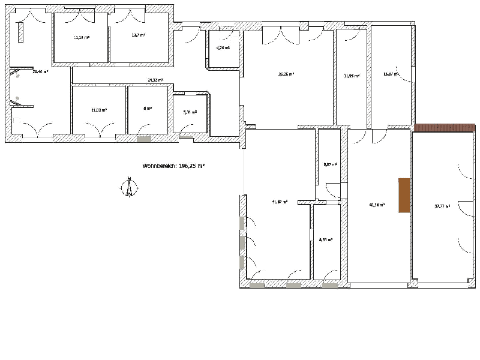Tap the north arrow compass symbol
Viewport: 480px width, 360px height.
(128, 187)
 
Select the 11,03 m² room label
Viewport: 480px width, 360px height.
(99, 110)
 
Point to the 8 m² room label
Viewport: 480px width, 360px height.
(147, 109)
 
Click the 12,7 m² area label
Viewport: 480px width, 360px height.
(139, 35)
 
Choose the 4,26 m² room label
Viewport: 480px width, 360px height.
(223, 48)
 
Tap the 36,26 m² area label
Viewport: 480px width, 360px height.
(286, 74)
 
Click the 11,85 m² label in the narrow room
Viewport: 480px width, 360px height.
(351, 76)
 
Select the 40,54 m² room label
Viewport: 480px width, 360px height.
(376, 205)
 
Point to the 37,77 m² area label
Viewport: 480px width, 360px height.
(442, 206)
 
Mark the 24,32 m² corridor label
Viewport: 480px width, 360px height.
(155, 80)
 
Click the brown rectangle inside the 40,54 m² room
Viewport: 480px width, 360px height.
(404, 195)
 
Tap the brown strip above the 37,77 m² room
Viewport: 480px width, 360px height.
(445, 127)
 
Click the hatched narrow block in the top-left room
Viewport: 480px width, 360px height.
(21, 32)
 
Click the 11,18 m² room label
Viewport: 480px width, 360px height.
(82, 37)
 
